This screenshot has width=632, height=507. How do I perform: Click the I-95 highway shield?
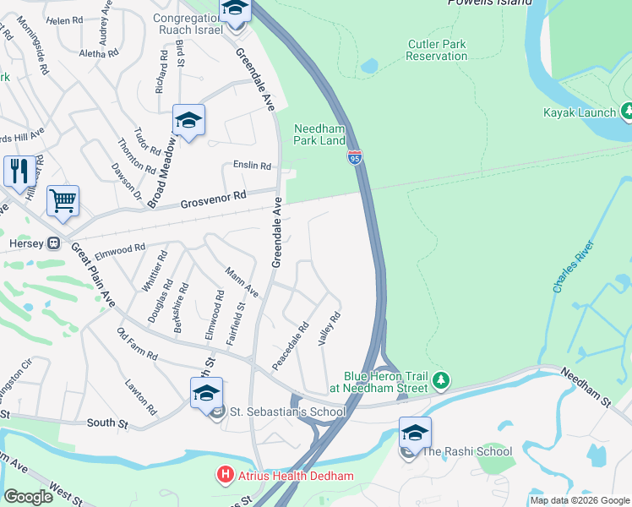point(355,157)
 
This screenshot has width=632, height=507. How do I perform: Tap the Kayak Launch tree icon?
point(627,112)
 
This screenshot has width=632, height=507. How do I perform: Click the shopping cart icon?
point(63,201)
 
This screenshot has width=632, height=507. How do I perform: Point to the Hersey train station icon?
point(53,243)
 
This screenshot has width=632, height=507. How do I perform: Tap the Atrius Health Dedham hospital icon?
point(224,475)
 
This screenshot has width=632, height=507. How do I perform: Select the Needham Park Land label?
point(319,134)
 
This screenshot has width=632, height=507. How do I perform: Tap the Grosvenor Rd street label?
point(213,199)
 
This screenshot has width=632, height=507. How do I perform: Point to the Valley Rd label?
point(329,330)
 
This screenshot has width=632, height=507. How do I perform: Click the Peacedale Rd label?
point(291,345)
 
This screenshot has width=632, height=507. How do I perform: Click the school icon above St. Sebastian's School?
point(206,392)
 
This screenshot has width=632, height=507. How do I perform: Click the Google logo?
point(28,497)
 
